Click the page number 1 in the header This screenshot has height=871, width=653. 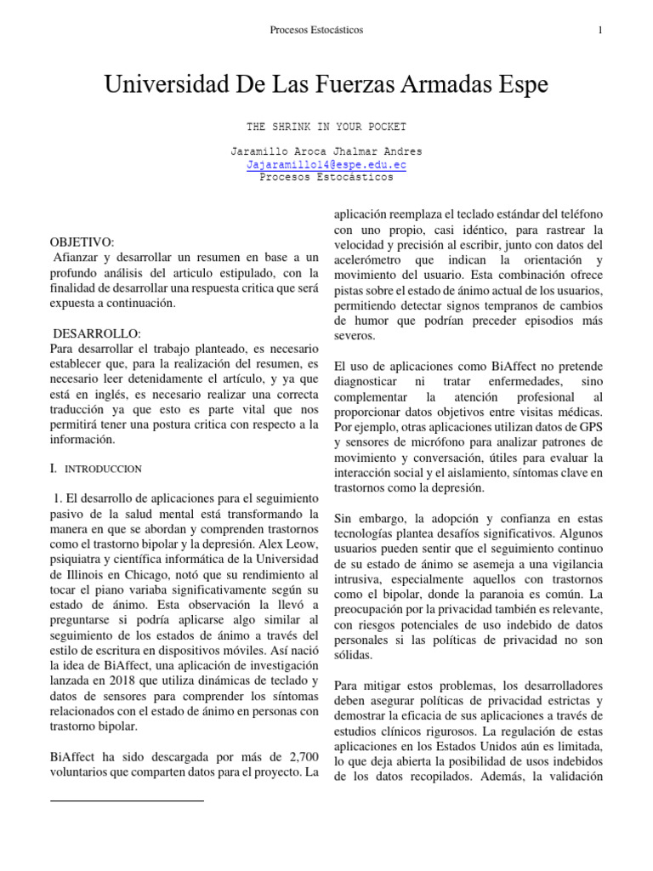[x=600, y=31]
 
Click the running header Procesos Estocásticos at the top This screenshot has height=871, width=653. [x=316, y=31]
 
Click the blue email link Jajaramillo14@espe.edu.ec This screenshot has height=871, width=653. [x=326, y=165]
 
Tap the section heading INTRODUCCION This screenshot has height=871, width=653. [x=104, y=469]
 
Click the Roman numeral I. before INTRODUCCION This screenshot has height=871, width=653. [x=54, y=468]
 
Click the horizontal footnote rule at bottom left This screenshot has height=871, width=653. [x=128, y=800]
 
